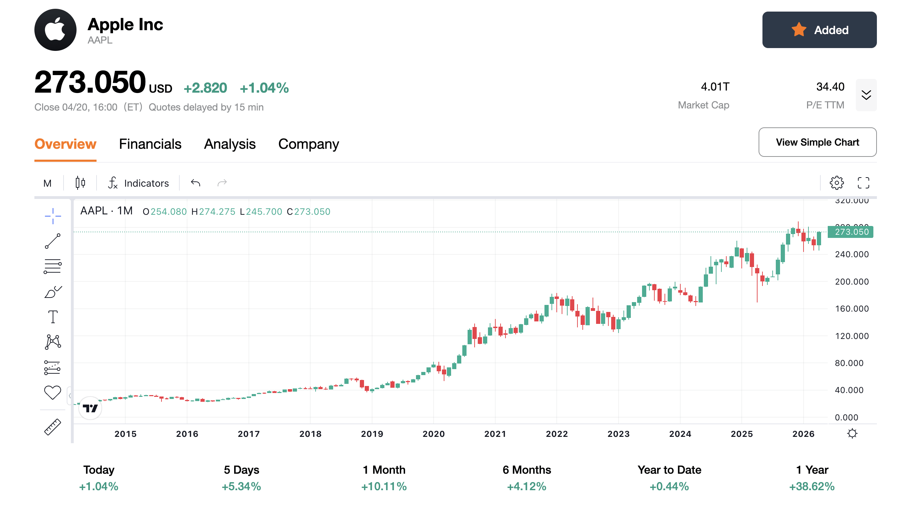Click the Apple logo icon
55,30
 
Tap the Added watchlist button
819,30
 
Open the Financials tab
150,144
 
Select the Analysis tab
230,144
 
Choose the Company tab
308,144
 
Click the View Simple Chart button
817,142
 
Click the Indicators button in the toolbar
138,183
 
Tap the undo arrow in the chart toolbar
196,183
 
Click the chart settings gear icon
836,183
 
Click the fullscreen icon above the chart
863,183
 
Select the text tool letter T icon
53,317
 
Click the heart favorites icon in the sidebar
52,392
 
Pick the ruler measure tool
52,427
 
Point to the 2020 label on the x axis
433,434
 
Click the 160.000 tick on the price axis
852,309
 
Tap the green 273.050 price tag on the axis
851,232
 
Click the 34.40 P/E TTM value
830,87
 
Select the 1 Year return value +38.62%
812,486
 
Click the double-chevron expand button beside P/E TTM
866,95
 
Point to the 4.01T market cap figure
715,87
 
